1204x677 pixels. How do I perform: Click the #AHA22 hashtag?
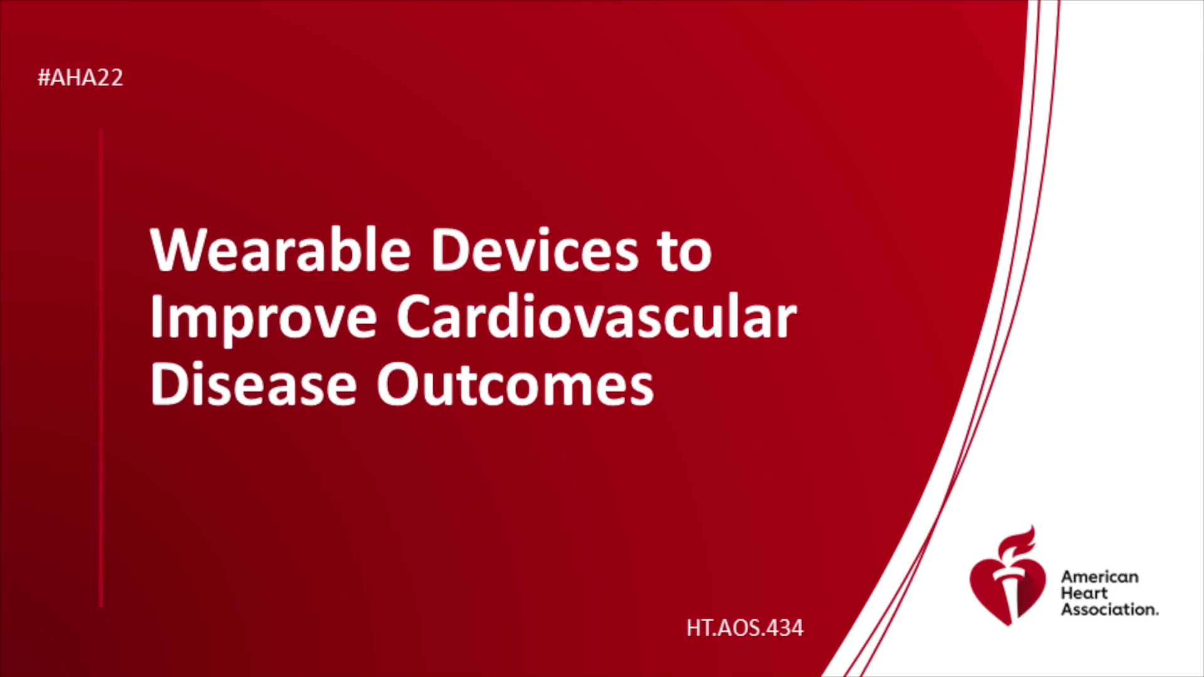point(80,78)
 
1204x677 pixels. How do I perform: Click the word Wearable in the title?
point(280,249)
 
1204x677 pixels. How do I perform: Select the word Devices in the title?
point(534,249)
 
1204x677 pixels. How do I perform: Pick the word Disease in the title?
point(253,384)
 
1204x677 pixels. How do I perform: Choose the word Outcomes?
point(515,384)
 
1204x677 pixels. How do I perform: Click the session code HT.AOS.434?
point(744,628)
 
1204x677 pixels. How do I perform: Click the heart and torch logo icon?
point(1008,575)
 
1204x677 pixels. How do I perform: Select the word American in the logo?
point(1099,577)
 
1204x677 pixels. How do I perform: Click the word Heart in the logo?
point(1084,593)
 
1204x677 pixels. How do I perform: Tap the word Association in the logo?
point(1109,609)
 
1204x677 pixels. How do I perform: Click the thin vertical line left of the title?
point(101,368)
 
